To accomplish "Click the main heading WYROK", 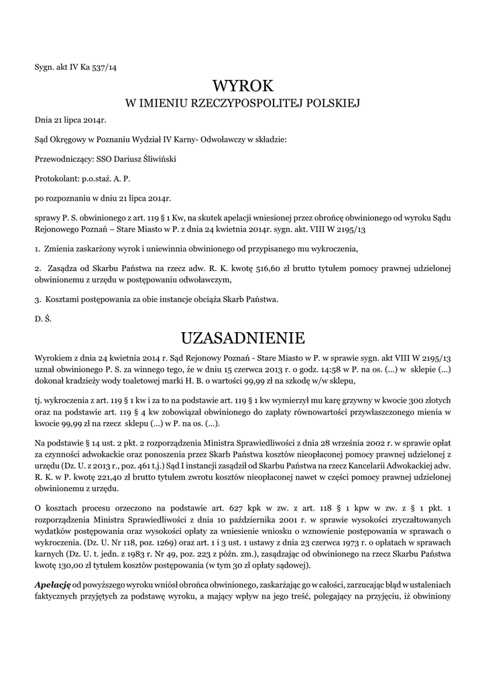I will point(243,86).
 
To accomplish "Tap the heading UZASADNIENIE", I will point(243,336).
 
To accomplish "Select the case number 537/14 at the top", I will point(103,65).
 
